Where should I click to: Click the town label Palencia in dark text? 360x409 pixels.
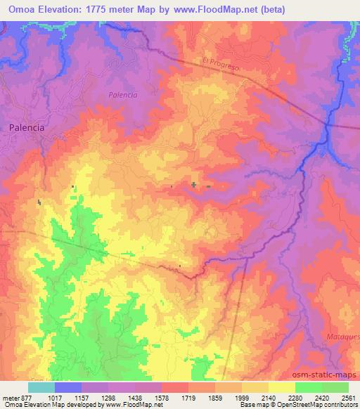click(x=27, y=129)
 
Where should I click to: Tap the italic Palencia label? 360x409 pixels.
click(x=122, y=94)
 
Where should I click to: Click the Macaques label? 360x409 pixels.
click(x=342, y=337)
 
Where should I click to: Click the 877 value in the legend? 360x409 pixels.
click(x=24, y=397)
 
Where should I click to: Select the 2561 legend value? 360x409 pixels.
click(x=347, y=397)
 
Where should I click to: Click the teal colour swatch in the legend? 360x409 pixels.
click(x=41, y=387)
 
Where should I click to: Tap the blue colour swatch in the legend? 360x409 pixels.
click(x=68, y=387)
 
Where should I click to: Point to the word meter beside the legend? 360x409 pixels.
click(x=8, y=397)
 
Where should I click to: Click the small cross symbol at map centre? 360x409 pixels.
click(x=193, y=185)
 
